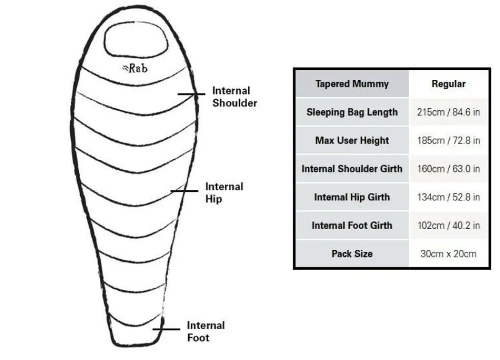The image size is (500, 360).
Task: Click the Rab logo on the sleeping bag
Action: point(135,68)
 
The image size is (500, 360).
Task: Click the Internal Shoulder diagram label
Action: point(235,97)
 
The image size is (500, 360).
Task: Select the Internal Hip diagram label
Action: point(224,192)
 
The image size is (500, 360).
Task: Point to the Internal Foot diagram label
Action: point(206,331)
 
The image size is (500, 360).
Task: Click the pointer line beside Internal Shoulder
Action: point(191,93)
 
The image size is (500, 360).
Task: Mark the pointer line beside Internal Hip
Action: point(184,190)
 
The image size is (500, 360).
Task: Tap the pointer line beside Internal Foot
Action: point(166,329)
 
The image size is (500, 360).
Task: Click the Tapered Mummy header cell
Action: point(352,84)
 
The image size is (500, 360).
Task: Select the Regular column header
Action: point(448,84)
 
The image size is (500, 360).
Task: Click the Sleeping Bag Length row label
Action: point(352,112)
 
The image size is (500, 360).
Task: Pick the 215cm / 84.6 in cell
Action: point(448,112)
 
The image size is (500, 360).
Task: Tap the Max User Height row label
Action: point(352,140)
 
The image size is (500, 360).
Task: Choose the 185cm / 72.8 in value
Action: point(448,140)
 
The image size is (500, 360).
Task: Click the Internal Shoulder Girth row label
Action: point(352,169)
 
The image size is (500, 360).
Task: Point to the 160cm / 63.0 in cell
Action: point(448,169)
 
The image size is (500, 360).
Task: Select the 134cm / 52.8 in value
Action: point(448,197)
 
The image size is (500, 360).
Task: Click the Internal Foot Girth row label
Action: point(352,225)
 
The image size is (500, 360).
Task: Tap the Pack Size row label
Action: point(352,254)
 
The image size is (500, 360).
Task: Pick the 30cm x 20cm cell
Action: point(448,254)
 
